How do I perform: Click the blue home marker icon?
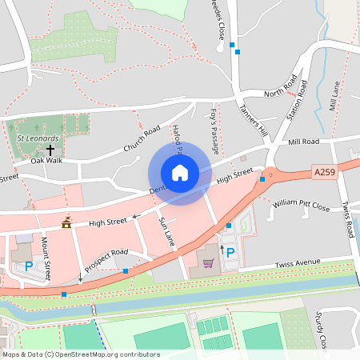tap(180, 172)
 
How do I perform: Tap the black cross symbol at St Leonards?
tap(50, 149)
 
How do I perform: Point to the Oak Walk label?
tap(46, 161)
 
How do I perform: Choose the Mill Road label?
tap(303, 142)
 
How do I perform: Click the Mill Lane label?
tap(335, 95)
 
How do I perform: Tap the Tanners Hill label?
tap(250, 118)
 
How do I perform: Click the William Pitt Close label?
tap(300, 206)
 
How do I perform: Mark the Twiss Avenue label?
tap(297, 262)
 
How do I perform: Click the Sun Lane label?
tap(166, 230)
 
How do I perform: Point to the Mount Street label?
tap(46, 259)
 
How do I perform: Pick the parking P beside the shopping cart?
tap(230, 253)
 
